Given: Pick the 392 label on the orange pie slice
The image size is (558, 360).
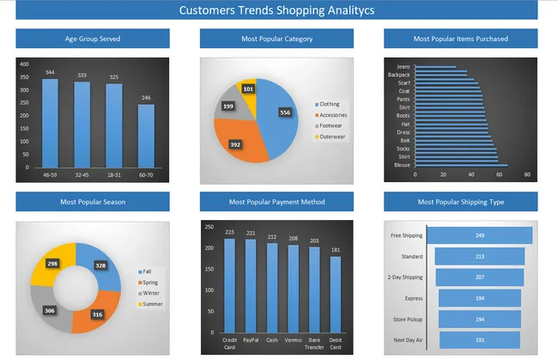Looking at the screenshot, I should pos(235,144).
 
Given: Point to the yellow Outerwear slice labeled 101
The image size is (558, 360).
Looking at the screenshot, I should pos(249,88).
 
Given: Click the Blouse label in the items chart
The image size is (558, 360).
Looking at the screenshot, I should pos(402,165).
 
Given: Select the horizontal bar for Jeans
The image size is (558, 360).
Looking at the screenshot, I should pos(435,66).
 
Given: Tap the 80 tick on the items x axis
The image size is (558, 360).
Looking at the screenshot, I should pos(527,175).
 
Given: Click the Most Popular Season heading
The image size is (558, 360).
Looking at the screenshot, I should pos(92,202).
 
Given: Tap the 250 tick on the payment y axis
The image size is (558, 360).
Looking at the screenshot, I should pos(209,224).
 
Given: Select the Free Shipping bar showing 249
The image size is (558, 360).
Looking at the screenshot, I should pos(479,235).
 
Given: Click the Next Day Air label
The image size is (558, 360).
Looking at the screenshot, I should pos(406,339).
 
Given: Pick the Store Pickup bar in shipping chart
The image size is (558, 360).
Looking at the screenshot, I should pos(479,319).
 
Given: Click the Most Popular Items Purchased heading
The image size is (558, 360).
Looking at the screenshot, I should pos(460,39).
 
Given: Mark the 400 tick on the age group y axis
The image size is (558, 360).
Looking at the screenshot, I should pos(24,64).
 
